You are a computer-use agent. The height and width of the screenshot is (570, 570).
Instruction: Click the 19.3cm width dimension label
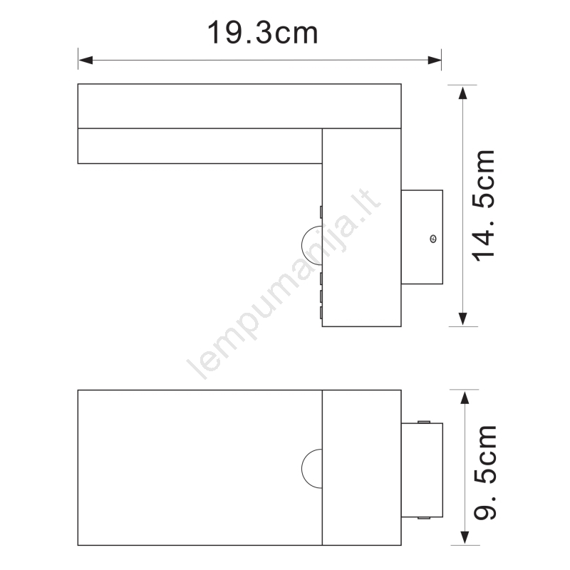[262, 32]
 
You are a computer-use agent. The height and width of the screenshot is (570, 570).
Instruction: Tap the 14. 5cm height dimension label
[483, 205]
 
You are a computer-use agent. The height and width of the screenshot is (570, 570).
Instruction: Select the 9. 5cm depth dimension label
[485, 472]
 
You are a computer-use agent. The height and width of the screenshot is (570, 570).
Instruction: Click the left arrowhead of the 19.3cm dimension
[85, 60]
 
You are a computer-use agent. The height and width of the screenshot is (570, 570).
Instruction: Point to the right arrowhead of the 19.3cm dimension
[435, 60]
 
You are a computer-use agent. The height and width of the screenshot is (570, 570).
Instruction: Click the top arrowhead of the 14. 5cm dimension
[462, 93]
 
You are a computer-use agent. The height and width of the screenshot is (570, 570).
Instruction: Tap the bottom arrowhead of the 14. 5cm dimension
[462, 318]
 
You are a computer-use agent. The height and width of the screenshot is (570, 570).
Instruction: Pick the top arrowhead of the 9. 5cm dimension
[465, 398]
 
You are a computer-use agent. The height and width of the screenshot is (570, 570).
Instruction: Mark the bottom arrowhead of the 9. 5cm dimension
[465, 538]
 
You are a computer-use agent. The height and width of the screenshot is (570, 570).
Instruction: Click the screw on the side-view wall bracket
[433, 239]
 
